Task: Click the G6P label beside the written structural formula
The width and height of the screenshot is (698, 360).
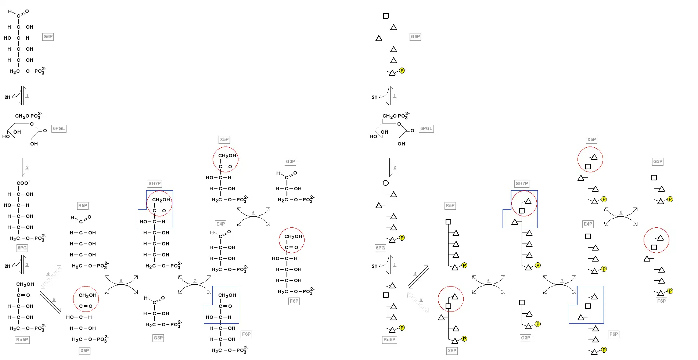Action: pyautogui.click(x=48, y=37)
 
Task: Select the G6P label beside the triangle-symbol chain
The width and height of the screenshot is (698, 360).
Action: pyautogui.click(x=415, y=37)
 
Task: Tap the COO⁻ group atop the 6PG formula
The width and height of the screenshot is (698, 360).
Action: pyautogui.click(x=23, y=183)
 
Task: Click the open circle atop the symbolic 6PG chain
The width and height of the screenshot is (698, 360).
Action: pyautogui.click(x=386, y=183)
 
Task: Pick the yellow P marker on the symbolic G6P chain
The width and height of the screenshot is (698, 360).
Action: pyautogui.click(x=402, y=71)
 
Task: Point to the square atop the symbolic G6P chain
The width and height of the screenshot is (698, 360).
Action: pyautogui.click(x=386, y=16)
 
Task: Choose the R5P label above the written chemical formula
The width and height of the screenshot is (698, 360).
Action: pyautogui.click(x=83, y=206)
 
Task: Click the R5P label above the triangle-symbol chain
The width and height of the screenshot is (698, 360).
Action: pyautogui.click(x=450, y=206)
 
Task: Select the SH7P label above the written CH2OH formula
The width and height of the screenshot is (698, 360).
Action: pyautogui.click(x=154, y=184)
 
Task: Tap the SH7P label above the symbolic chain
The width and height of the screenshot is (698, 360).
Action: pyautogui.click(x=522, y=184)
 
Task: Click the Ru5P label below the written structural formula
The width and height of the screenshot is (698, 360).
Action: pyautogui.click(x=22, y=340)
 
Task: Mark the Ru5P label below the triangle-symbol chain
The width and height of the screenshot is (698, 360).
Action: pyautogui.click(x=389, y=340)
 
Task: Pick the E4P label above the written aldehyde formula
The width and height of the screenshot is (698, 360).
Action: pyautogui.click(x=220, y=224)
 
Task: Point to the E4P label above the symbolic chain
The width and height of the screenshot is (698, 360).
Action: pyautogui.click(x=588, y=224)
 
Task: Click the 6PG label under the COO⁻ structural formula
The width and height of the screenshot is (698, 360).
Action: pyautogui.click(x=22, y=248)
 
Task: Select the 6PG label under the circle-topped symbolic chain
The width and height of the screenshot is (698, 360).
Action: pyautogui.click(x=380, y=248)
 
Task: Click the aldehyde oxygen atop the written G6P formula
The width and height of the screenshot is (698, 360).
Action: pyautogui.click(x=27, y=11)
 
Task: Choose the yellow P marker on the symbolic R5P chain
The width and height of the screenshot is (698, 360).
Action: pyautogui.click(x=464, y=265)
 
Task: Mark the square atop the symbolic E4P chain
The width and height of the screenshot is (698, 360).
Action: pyautogui.click(x=588, y=237)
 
